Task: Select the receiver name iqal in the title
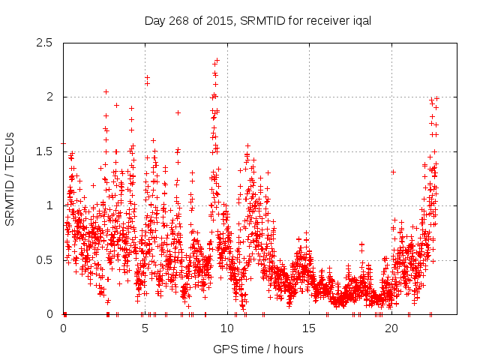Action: [x=358, y=20]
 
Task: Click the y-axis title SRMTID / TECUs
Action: [x=10, y=178]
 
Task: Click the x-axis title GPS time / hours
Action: [x=258, y=349]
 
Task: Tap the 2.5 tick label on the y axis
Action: [x=44, y=43]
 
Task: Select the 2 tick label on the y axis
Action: [x=49, y=97]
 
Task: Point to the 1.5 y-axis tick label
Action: [x=44, y=151]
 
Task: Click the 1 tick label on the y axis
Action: [x=49, y=205]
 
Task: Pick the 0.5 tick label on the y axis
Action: [x=44, y=260]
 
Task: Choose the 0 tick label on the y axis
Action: [x=49, y=314]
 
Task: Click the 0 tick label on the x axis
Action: [x=63, y=328]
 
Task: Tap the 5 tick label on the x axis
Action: [x=145, y=328]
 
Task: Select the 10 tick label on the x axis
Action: [x=227, y=328]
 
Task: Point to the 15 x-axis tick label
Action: [x=310, y=328]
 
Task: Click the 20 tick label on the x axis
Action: [x=391, y=328]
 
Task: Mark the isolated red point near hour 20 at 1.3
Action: [x=393, y=172]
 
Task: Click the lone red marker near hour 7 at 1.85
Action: [x=178, y=112]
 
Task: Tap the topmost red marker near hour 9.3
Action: [x=217, y=60]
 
